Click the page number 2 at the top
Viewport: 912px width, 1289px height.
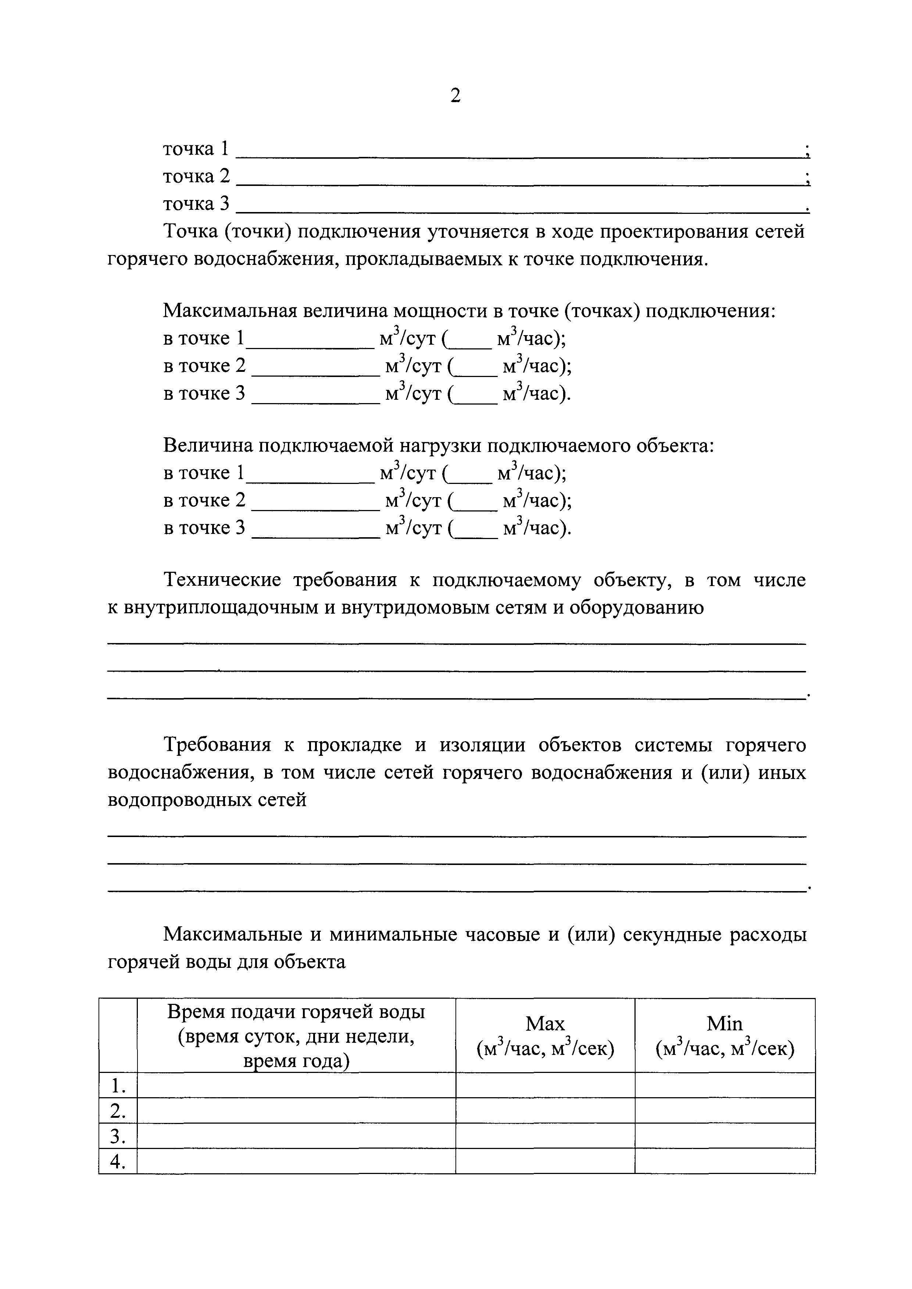[455, 96]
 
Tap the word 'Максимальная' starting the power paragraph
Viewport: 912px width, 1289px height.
[229, 310]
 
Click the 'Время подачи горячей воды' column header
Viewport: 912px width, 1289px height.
[296, 1012]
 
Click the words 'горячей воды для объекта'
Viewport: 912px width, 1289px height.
[226, 962]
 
